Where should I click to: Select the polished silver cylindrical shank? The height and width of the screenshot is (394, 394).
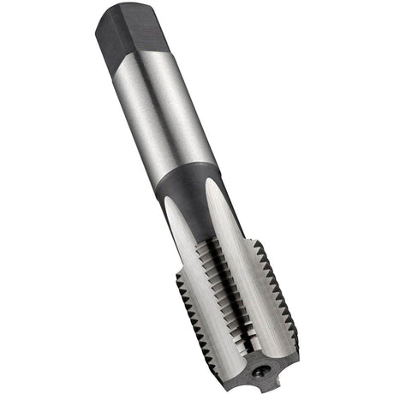[172, 111]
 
